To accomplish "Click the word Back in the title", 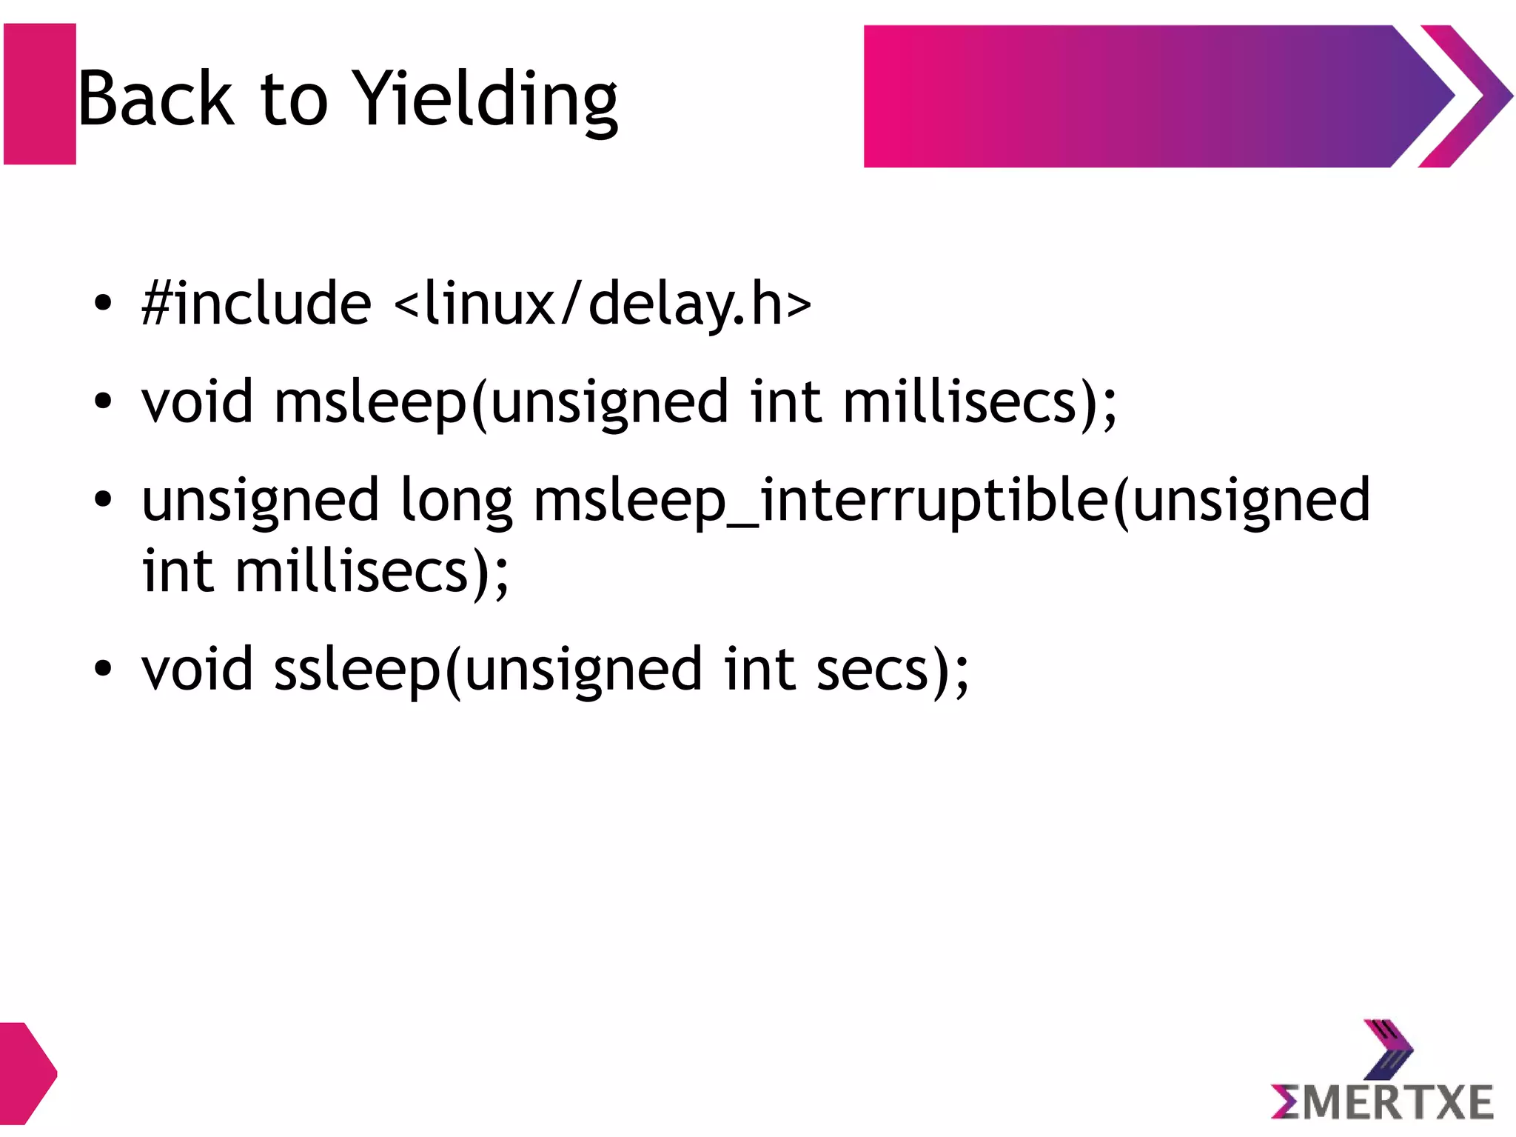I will [x=155, y=100].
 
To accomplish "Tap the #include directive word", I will [x=256, y=304].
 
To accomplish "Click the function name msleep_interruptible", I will [x=822, y=501].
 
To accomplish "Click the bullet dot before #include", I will [x=103, y=304].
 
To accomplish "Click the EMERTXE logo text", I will [x=1383, y=1102].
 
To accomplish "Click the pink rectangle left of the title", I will [x=40, y=94].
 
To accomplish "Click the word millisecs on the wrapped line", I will [x=352, y=572].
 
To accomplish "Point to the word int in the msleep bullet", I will [x=785, y=401].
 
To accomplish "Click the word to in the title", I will [x=294, y=100].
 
